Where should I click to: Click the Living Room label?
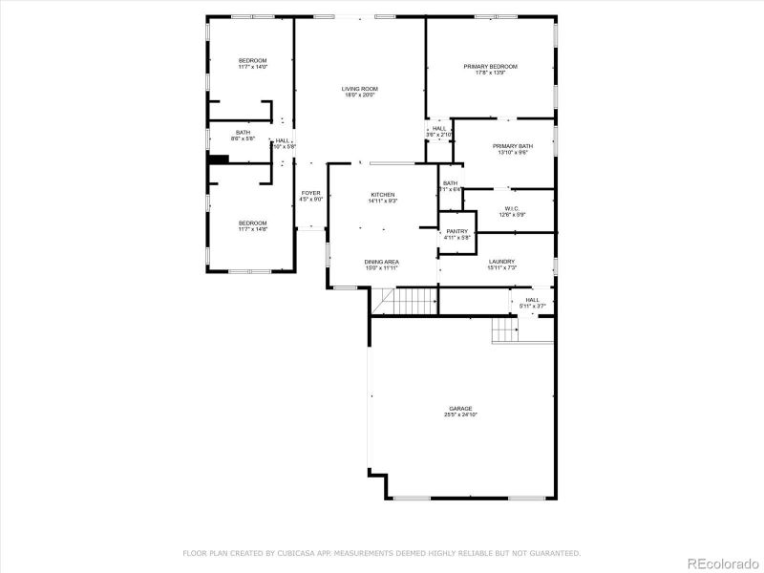359,89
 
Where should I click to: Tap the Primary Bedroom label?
490,66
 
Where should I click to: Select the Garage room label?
459,408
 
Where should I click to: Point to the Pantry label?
456,230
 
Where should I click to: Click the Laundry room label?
501,261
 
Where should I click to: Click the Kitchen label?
382,194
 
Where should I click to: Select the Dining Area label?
381,261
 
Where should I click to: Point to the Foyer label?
311,193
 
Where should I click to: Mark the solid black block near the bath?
219,159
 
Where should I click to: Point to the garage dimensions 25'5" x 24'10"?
459,414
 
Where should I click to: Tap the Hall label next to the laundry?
531,299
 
